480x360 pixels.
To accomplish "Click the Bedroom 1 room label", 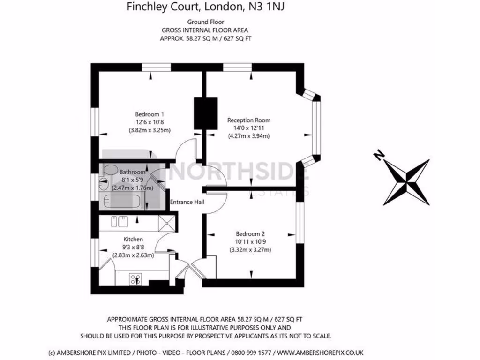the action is [150, 114].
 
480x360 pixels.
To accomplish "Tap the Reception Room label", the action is [248, 120].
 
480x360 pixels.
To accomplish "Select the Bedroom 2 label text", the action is [250, 234].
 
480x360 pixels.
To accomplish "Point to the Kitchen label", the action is [133, 239].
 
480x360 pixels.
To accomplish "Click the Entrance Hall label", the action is [187, 202].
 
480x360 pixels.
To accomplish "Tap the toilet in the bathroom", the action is [111, 170].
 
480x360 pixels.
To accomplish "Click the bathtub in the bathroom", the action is [122, 202].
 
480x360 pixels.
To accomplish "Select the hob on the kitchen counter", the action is [135, 279].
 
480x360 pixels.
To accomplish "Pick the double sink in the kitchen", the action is [120, 222].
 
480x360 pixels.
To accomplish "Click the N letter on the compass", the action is [379, 155].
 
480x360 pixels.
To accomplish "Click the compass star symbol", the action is [407, 182].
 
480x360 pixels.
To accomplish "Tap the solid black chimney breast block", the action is [206, 113].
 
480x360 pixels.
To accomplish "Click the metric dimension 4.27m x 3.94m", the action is [249, 136].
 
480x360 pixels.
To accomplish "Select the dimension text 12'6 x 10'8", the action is [150, 122].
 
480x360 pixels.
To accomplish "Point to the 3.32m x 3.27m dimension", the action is [250, 250].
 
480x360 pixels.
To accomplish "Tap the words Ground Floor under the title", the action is [206, 22].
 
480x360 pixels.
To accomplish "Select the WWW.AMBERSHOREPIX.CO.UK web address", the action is [320, 352].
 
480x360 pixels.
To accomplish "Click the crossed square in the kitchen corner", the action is [167, 223].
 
